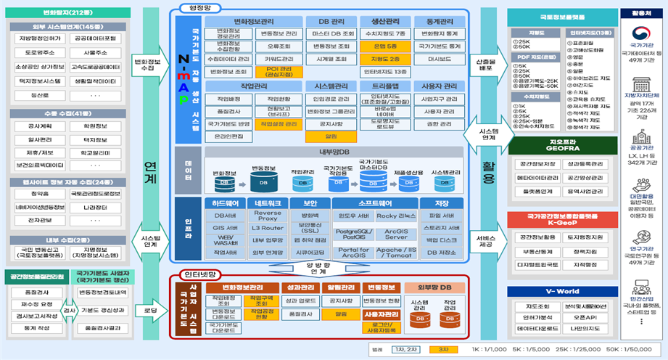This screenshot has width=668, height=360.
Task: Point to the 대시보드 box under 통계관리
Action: (x=440, y=59)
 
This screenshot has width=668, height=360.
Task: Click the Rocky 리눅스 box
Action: (x=396, y=216)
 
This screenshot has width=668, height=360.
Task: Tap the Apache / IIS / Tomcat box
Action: (x=396, y=251)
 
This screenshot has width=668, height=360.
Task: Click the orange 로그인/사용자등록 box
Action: (x=377, y=328)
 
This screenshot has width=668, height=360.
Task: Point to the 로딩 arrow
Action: (x=151, y=310)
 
